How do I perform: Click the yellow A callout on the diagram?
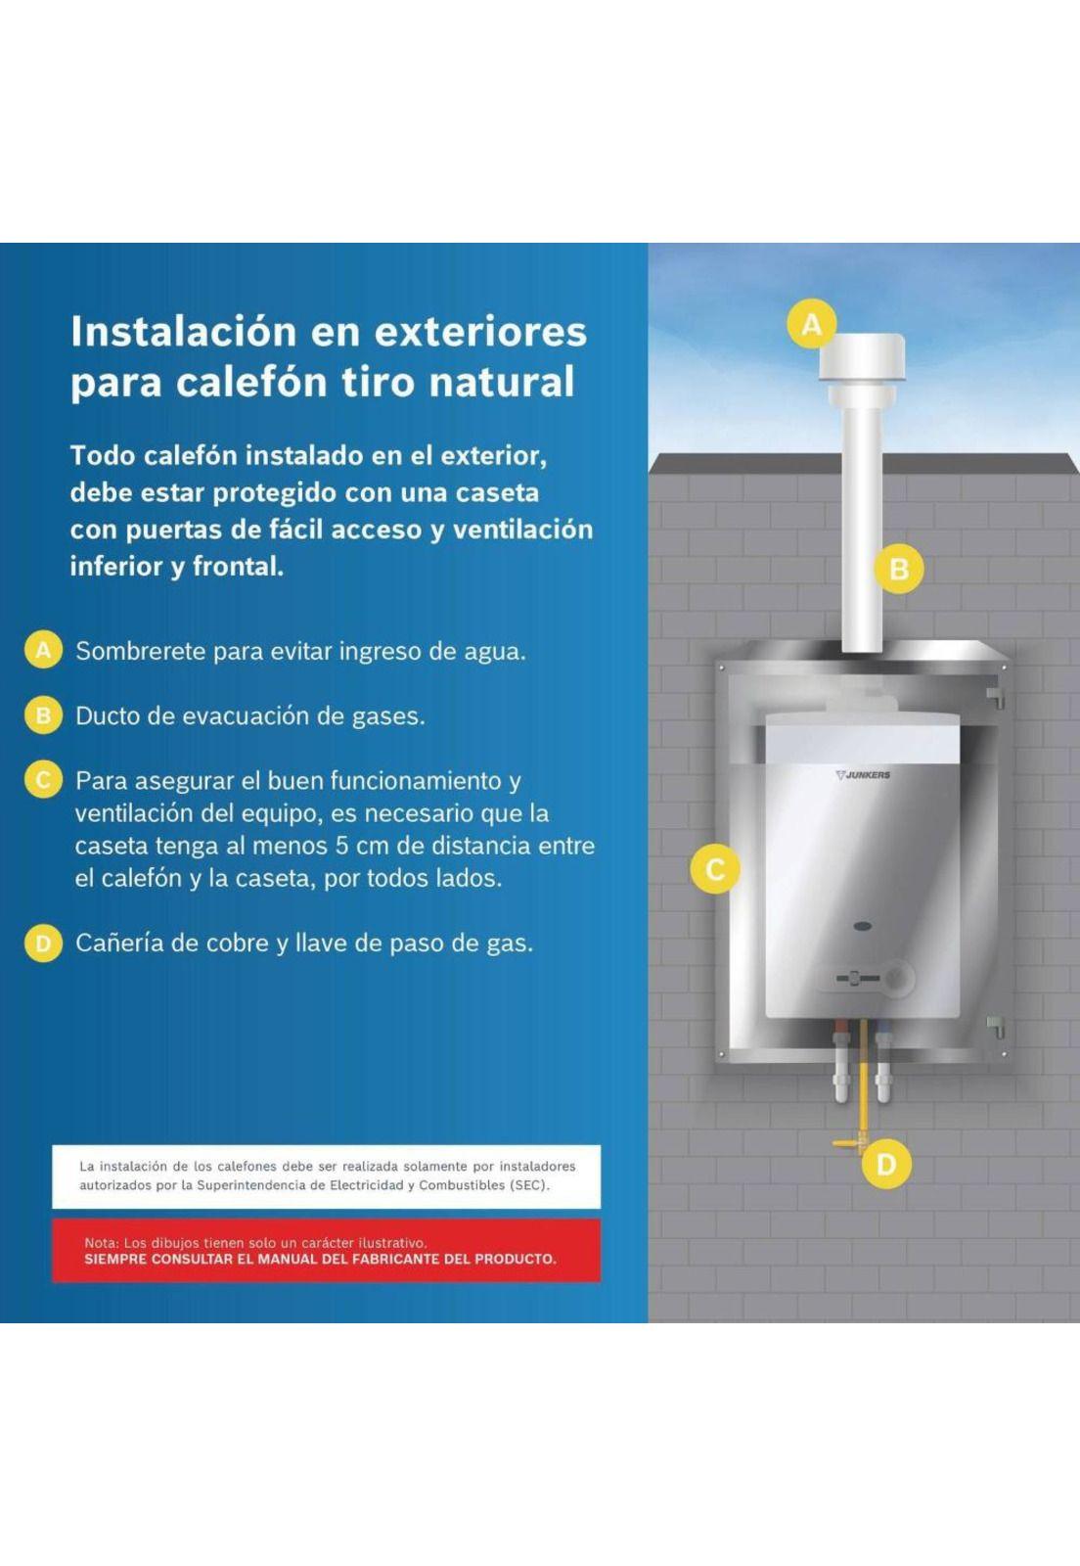point(811,324)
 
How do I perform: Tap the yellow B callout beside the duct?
point(899,569)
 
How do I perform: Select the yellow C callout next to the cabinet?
point(715,870)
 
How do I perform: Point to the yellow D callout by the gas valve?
point(885,1165)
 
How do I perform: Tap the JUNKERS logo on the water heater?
point(863,774)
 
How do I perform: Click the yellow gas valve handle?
point(847,1144)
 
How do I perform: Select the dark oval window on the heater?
point(862,927)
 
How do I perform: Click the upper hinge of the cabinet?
point(995,696)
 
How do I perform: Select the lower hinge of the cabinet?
point(996,1028)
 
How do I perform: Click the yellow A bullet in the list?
point(43,650)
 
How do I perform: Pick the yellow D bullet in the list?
point(43,944)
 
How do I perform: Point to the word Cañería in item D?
point(118,944)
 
